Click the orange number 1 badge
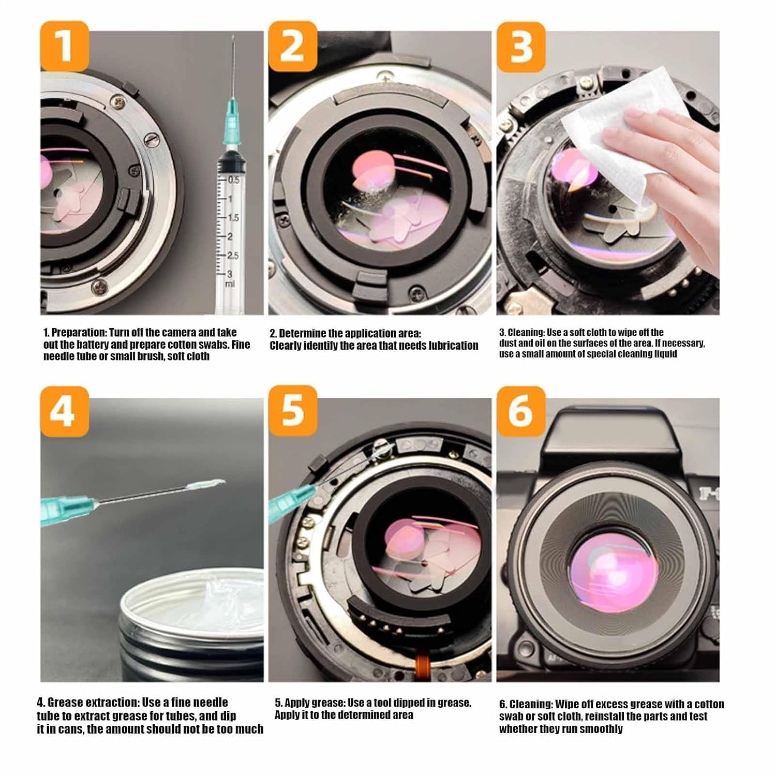(65, 46)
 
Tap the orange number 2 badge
(292, 46)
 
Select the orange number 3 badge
(521, 47)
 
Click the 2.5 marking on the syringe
(233, 256)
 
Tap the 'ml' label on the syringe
(230, 284)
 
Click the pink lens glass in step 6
(613, 572)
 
